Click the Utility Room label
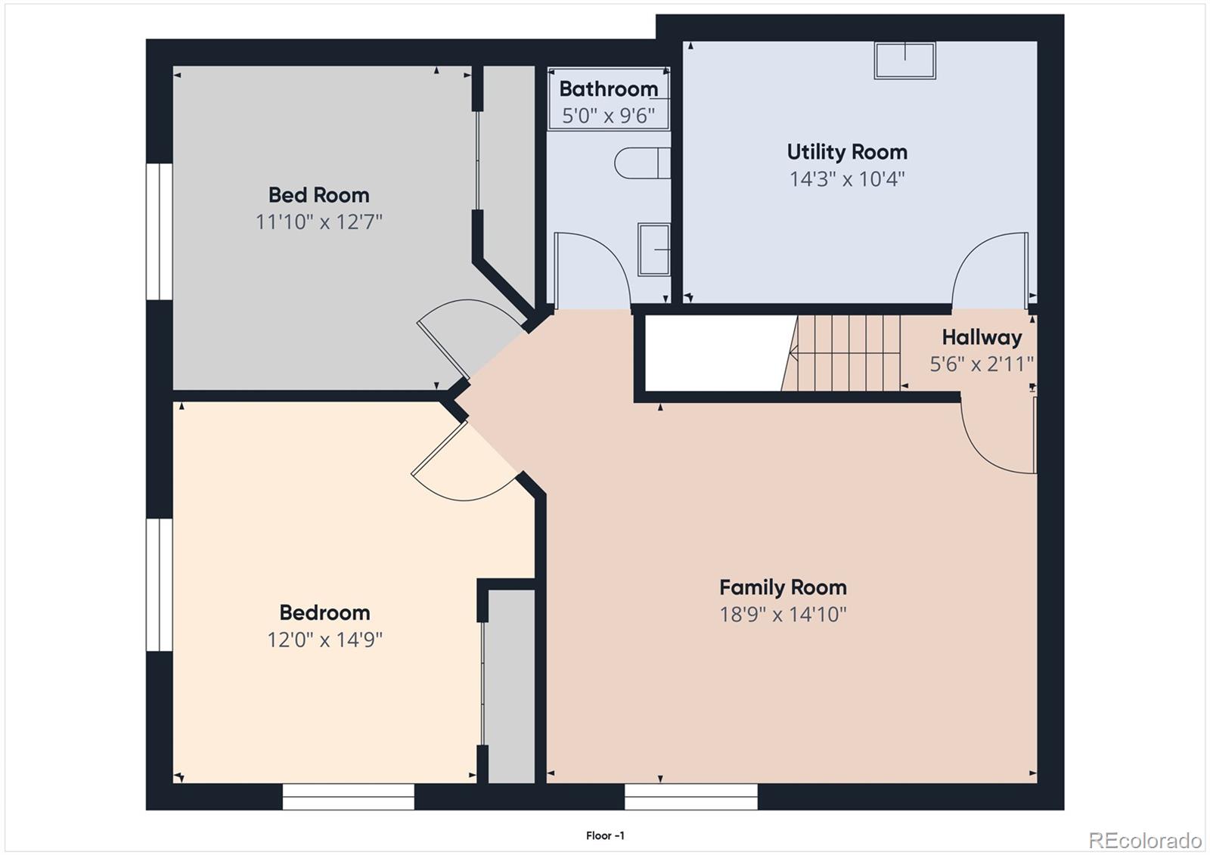pos(847,152)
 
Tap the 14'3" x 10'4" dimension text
pos(847,179)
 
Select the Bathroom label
pos(608,89)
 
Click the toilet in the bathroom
pos(641,163)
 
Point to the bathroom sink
pos(653,249)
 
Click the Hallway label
pos(982,337)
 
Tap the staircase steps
pos(847,352)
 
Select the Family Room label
pos(783,587)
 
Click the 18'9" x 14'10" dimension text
pos(783,614)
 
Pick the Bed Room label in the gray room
pos(318,195)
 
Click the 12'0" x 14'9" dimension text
pos(324,640)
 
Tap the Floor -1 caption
pos(605,835)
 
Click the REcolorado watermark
pos(1144,840)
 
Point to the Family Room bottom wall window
pos(690,796)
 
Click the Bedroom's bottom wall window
pos(348,796)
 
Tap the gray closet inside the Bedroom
pos(509,684)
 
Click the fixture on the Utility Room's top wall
pos(904,60)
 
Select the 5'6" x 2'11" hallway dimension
pos(982,364)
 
